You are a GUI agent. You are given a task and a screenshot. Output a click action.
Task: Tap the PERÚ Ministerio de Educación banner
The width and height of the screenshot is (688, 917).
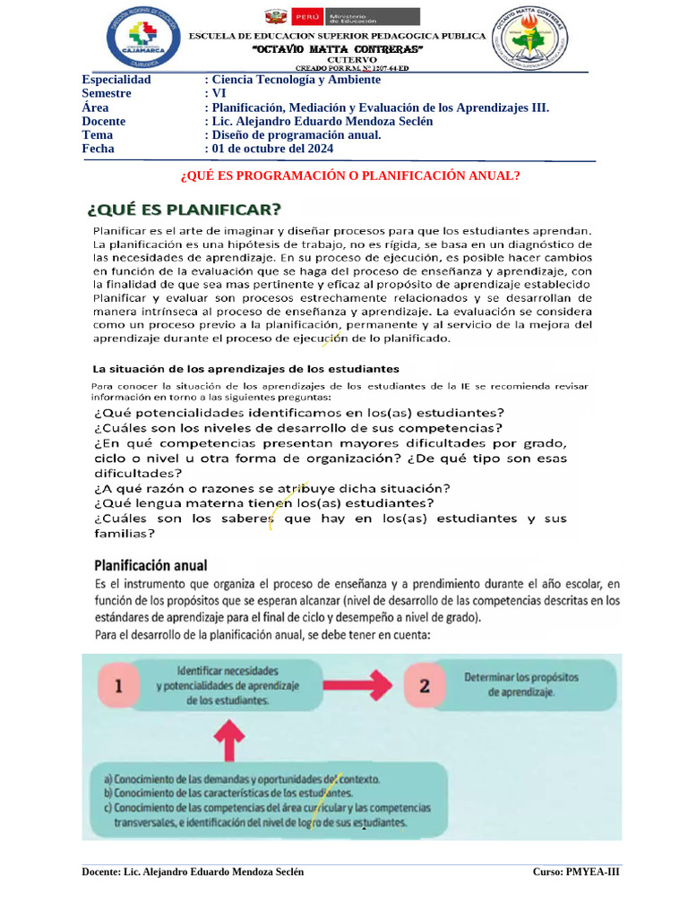click(341, 17)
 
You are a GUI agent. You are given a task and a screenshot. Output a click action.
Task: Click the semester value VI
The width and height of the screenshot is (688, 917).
click(213, 93)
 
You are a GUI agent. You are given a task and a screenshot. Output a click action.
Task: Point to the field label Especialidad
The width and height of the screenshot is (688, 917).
click(116, 80)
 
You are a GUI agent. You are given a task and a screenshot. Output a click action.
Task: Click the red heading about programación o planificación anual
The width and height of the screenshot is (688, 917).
click(350, 176)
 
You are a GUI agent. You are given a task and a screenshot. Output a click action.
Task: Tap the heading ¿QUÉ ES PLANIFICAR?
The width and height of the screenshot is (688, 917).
click(184, 210)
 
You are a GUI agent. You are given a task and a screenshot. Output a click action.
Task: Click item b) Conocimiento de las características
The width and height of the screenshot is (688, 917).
click(228, 793)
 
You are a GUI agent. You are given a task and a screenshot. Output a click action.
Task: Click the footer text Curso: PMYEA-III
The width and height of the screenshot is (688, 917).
click(575, 871)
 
